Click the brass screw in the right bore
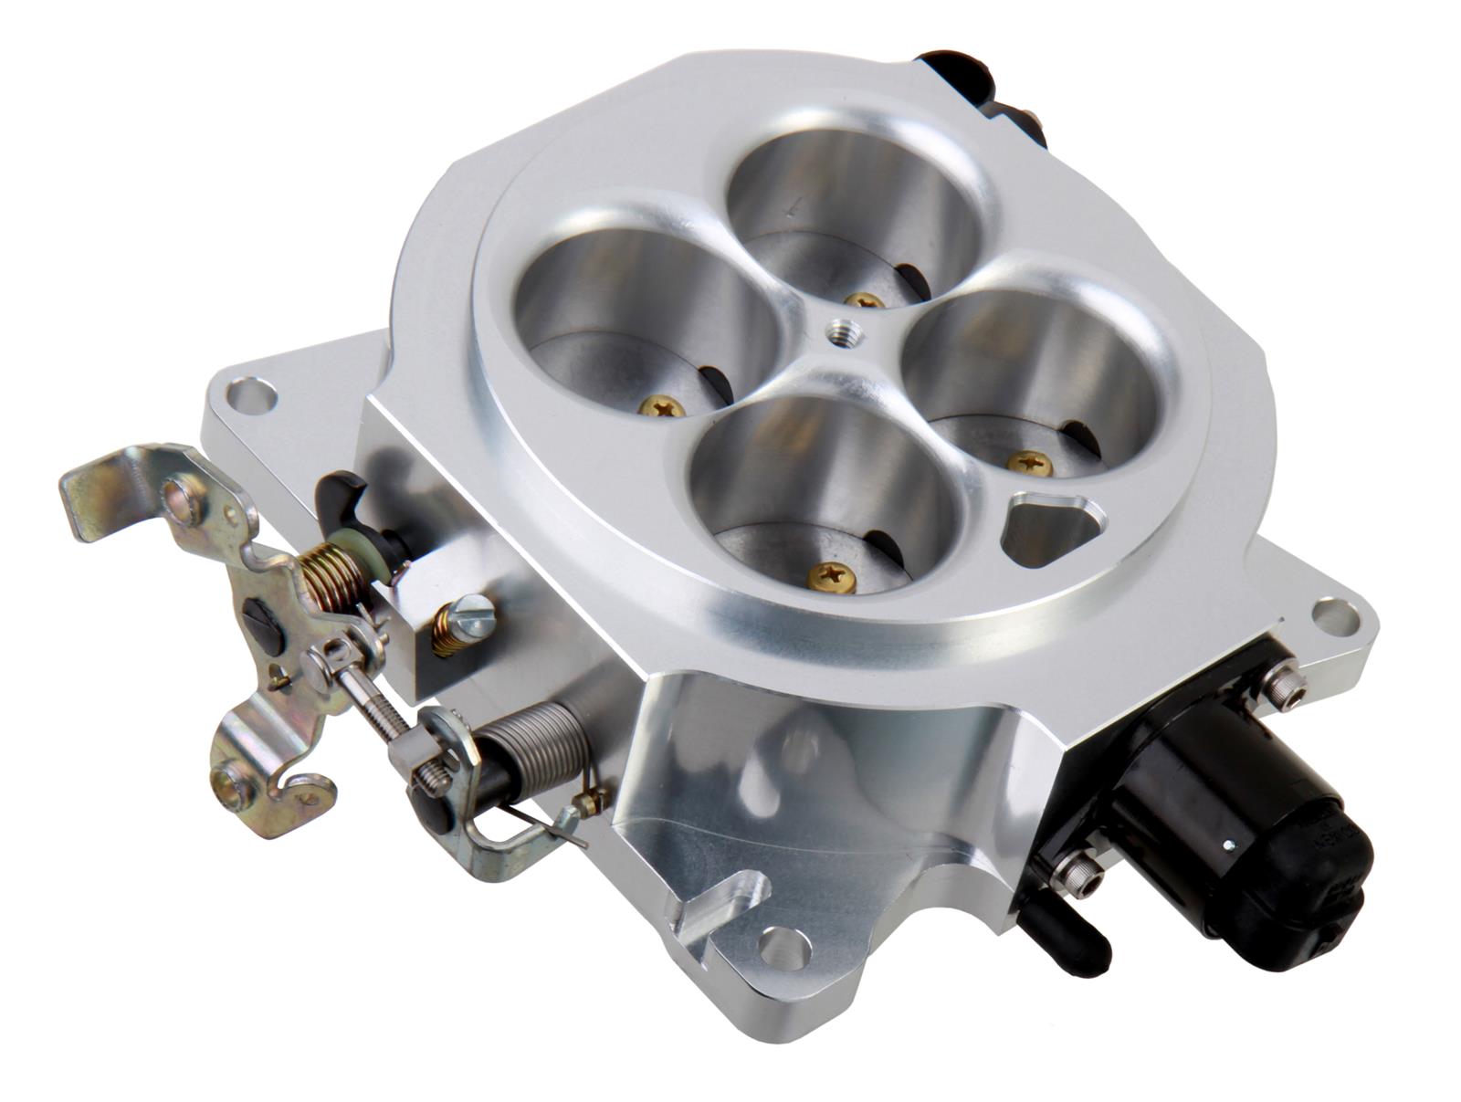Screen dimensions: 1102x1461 1029,463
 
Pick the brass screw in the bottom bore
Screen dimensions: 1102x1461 833,575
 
